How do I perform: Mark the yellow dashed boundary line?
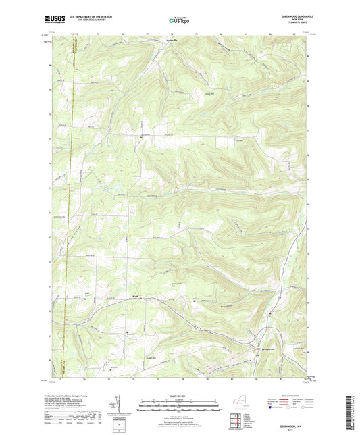(x=70, y=203)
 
